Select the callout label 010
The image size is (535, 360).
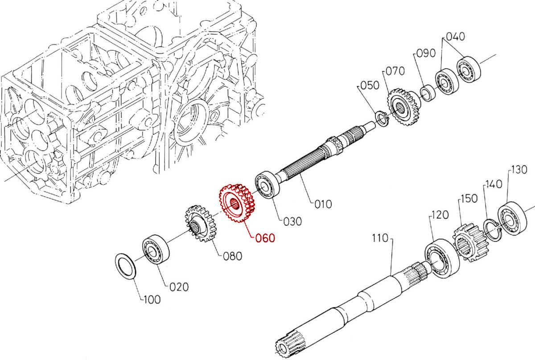[x=322, y=205]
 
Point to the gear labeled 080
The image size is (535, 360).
[x=200, y=223]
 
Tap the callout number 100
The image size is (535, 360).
[x=152, y=300]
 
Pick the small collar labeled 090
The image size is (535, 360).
[x=429, y=93]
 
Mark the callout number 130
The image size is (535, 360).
[x=519, y=169]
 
